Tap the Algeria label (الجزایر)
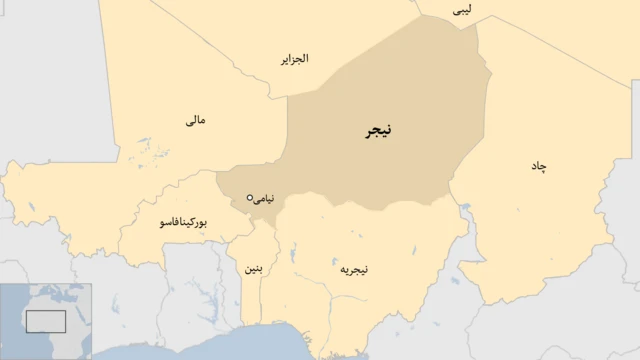click(294, 59)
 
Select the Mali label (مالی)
click(196, 120)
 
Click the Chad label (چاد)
click(539, 165)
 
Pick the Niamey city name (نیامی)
click(264, 198)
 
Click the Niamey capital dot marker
click(250, 198)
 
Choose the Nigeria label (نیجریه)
click(354, 269)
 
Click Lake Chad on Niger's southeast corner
click(466, 210)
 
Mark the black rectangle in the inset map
click(45, 321)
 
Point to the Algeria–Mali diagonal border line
click(200, 50)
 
